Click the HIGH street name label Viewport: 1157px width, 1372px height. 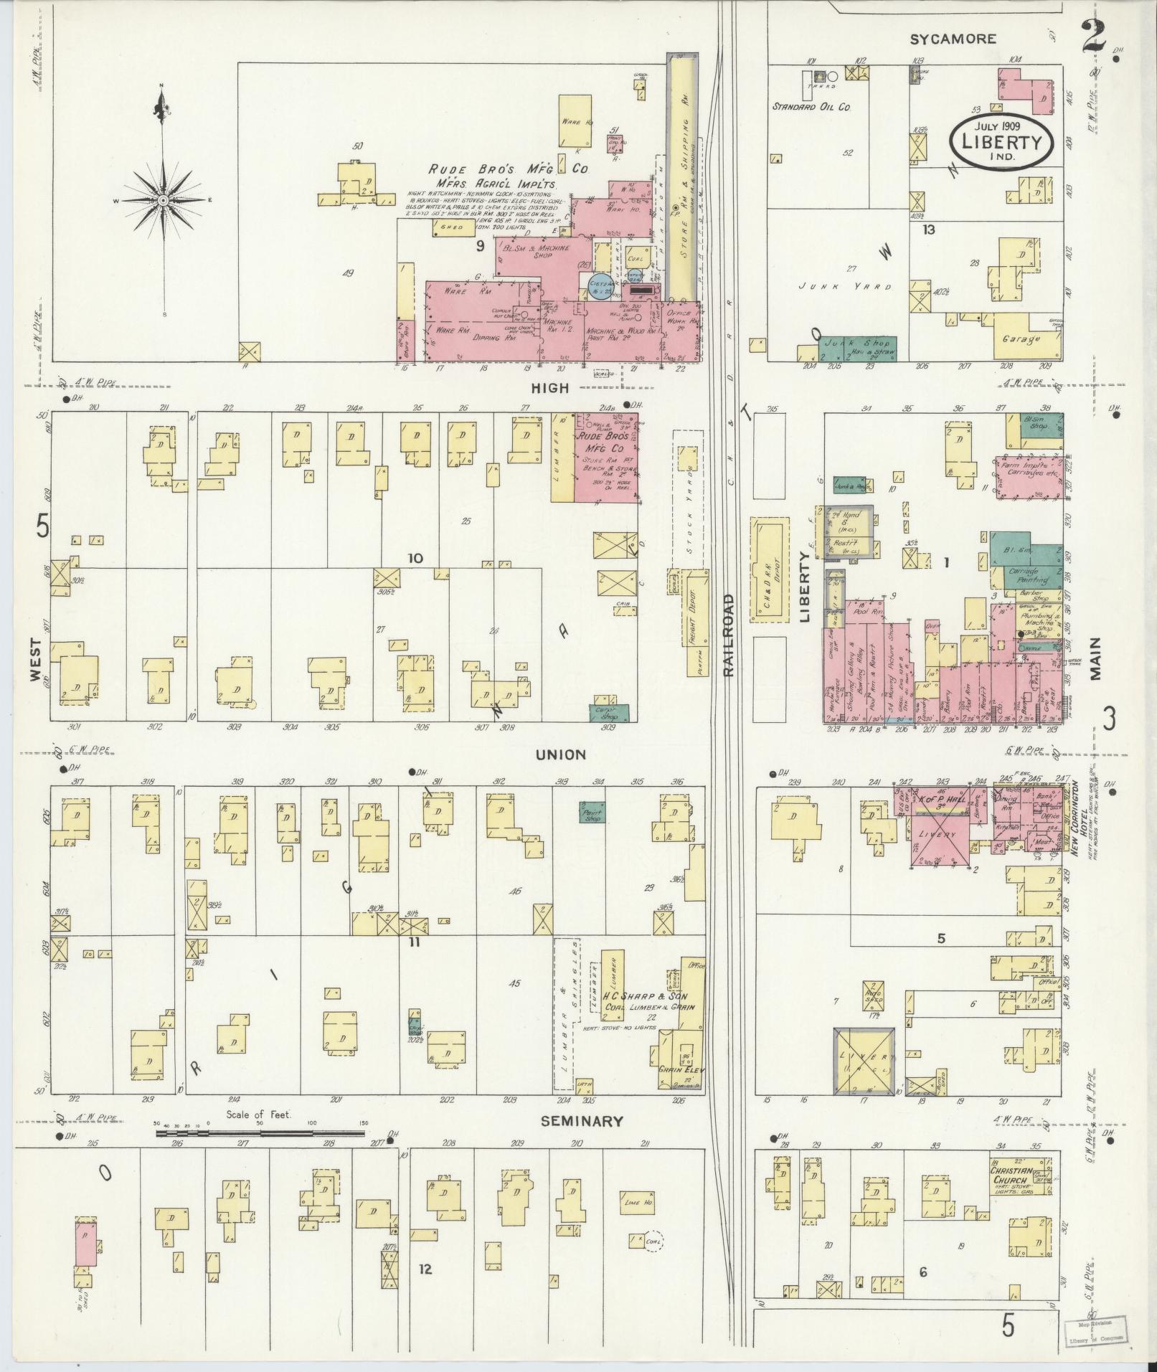550,388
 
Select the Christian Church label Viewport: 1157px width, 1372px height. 1011,1175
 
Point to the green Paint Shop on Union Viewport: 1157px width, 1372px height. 592,810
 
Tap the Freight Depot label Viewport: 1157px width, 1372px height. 694,614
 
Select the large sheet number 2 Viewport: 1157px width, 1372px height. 1093,35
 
